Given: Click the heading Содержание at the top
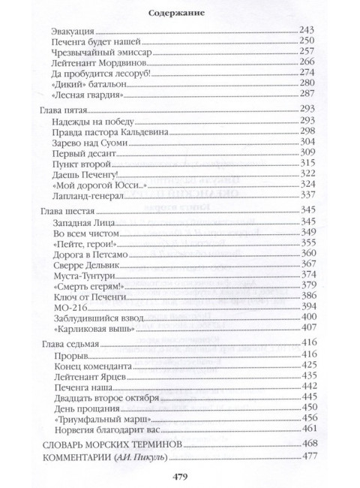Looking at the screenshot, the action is [x=179, y=13].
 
